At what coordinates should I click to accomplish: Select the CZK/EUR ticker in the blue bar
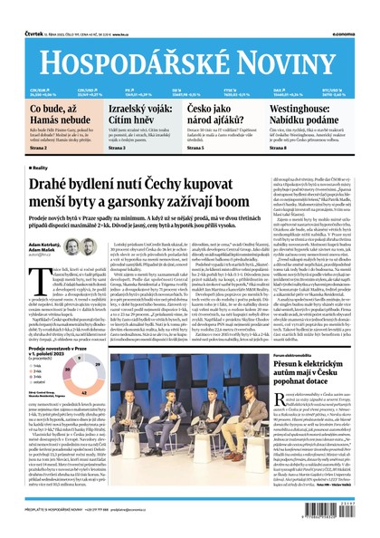(x=40, y=91)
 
